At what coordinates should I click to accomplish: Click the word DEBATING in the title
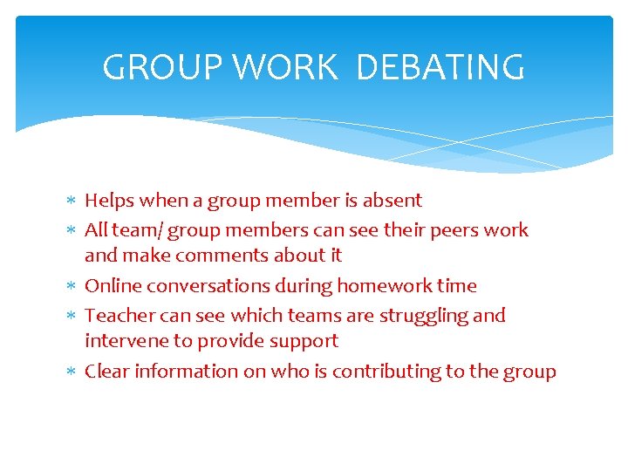(440, 67)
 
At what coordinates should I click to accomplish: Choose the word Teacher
(116, 316)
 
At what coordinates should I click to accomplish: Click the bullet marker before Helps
(72, 201)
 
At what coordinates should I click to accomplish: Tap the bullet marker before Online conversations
(72, 287)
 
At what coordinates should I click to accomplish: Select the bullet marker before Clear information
(72, 372)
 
